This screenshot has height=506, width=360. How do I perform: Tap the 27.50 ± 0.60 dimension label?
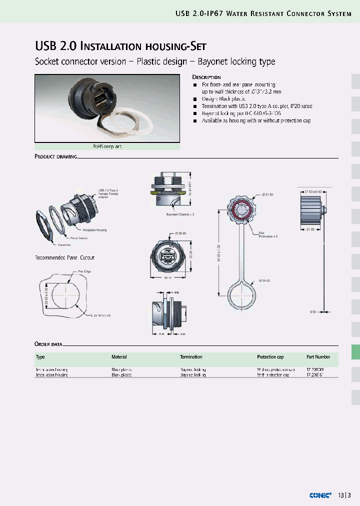tap(314, 191)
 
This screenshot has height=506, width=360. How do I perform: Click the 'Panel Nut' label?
tap(65, 245)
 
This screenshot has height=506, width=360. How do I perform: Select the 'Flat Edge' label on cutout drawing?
tap(84, 271)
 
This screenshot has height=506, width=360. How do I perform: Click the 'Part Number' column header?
tap(318, 357)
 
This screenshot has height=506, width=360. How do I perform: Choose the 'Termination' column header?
tap(191, 357)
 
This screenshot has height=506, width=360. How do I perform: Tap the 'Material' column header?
tap(119, 357)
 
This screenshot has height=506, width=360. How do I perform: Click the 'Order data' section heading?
tap(48, 344)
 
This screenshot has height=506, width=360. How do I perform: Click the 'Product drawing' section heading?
tap(55, 156)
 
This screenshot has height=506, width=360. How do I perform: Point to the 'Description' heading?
tap(206, 77)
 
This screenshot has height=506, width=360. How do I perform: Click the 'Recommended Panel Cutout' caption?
tap(64, 257)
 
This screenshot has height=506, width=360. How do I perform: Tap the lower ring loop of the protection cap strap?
tap(244, 295)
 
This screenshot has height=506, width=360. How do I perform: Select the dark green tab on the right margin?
tap(355, 352)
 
